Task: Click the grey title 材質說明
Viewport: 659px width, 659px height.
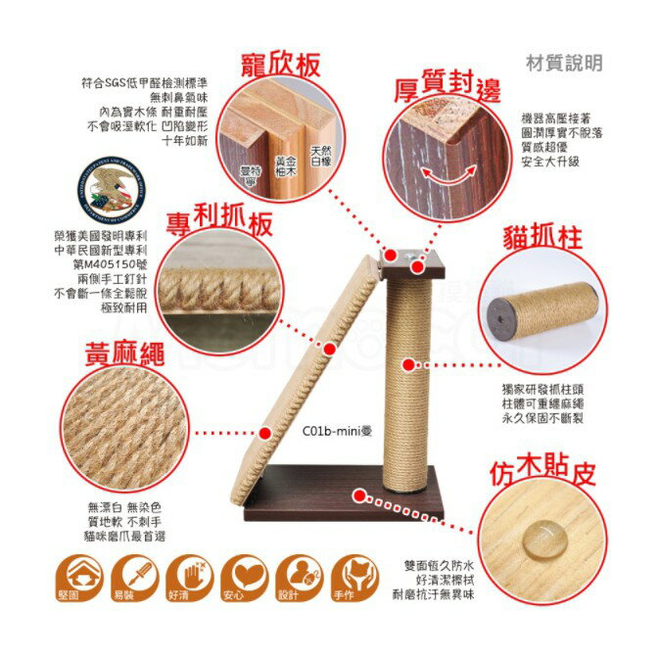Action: (x=564, y=63)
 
